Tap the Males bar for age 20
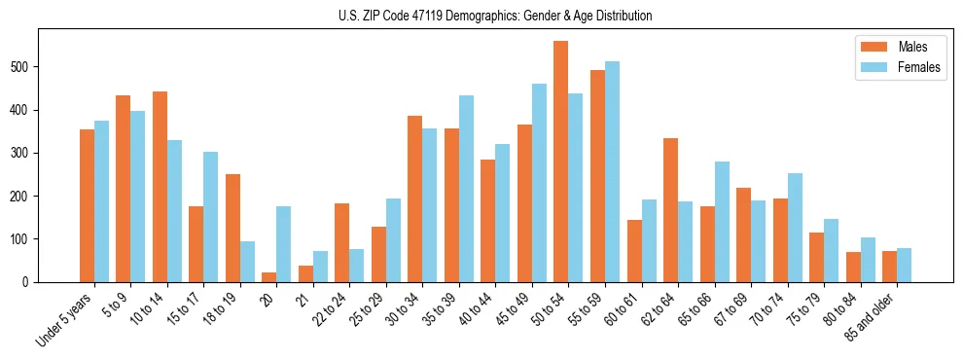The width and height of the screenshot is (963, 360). (x=269, y=277)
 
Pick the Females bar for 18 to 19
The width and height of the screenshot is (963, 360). (x=247, y=262)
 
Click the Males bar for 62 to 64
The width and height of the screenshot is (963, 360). (x=670, y=210)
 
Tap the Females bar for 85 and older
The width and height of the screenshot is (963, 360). (x=904, y=266)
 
